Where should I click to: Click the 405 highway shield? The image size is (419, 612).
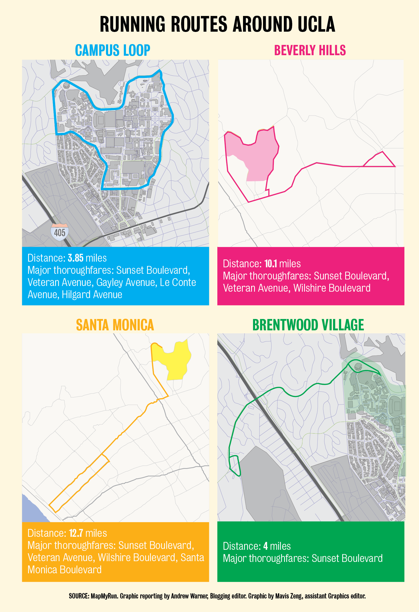(x=59, y=232)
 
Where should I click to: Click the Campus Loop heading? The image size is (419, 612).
(x=112, y=50)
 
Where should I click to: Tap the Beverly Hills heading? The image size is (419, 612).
(x=310, y=50)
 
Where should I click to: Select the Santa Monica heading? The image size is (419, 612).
(x=115, y=325)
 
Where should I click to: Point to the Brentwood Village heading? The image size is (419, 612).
(x=308, y=325)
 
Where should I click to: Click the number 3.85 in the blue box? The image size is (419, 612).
(x=75, y=258)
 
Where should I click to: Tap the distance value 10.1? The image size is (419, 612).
(x=271, y=264)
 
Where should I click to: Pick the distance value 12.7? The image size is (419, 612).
(x=76, y=533)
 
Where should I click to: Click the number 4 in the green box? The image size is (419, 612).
(x=265, y=547)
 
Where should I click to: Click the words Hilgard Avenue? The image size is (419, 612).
(x=92, y=295)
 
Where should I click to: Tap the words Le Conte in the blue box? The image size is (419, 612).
(x=178, y=282)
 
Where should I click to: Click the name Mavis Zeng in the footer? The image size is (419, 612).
(x=287, y=596)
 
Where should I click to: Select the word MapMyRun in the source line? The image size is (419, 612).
(x=104, y=596)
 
